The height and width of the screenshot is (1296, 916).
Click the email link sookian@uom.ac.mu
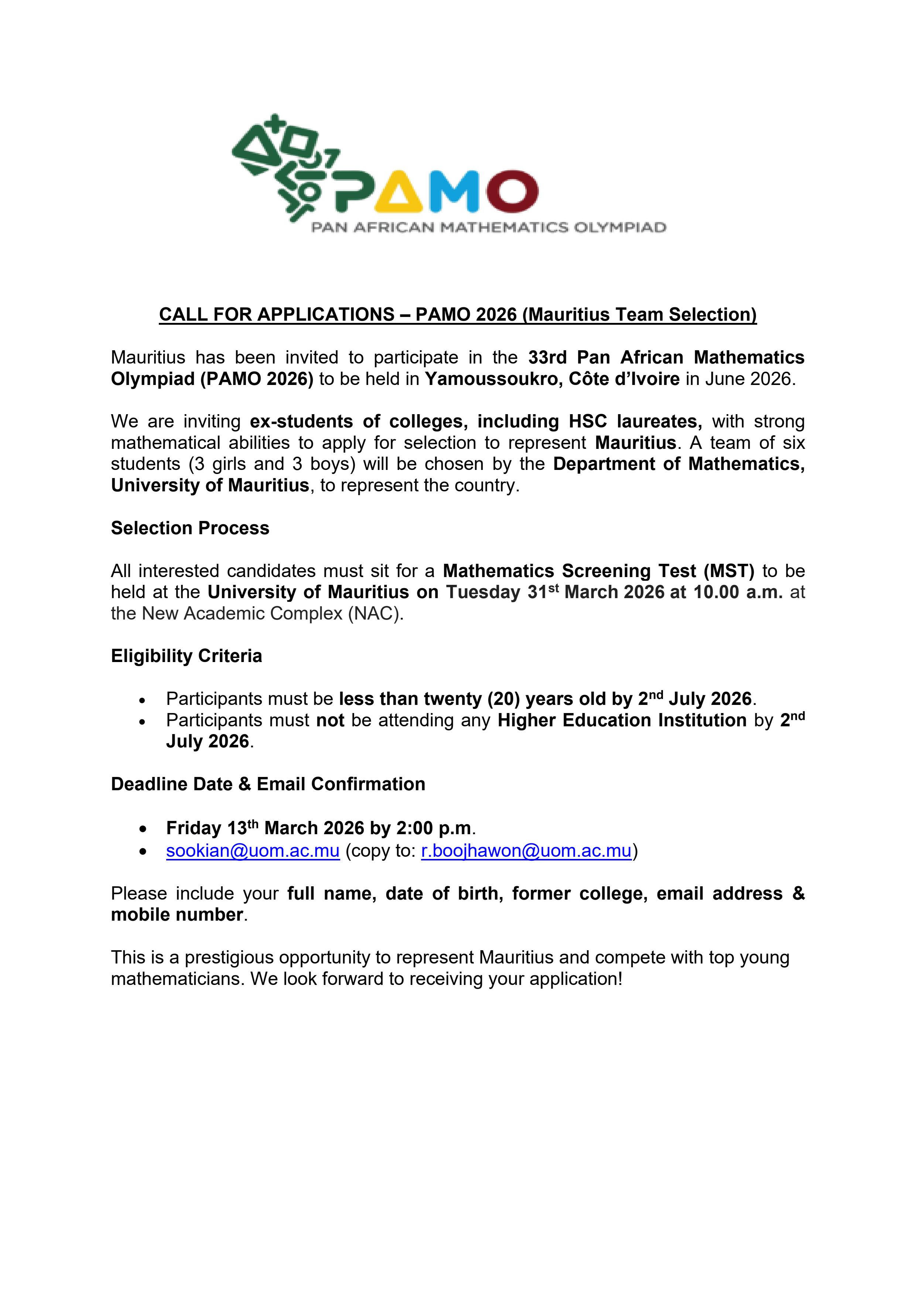(x=252, y=850)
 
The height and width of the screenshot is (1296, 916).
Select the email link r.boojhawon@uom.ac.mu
(x=526, y=850)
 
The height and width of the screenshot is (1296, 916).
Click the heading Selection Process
(x=189, y=528)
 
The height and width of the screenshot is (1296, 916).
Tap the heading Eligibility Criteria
(x=186, y=656)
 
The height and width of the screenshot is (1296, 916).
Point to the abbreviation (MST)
(x=729, y=571)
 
